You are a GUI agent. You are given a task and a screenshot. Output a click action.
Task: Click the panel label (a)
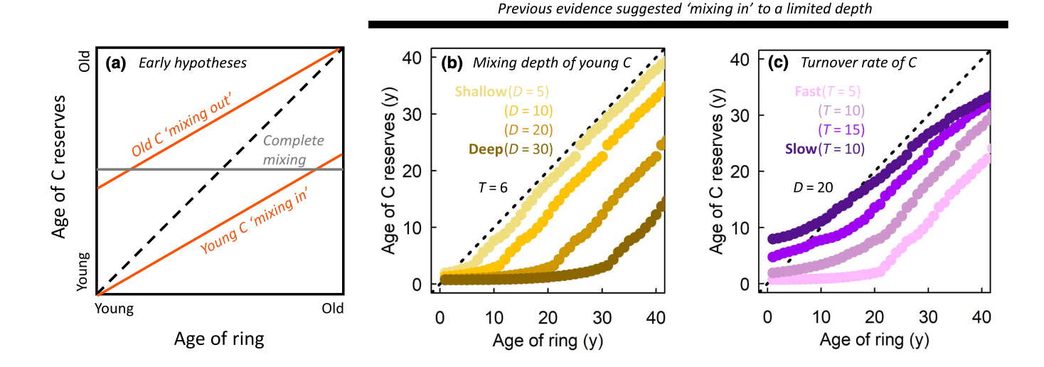(x=115, y=63)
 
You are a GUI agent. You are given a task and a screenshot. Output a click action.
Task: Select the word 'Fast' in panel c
(x=800, y=92)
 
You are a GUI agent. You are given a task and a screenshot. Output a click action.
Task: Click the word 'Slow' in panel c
(x=801, y=149)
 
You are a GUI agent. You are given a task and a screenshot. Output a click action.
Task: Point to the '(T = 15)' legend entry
(x=841, y=130)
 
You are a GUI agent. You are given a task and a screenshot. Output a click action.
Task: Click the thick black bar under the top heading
(x=688, y=25)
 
